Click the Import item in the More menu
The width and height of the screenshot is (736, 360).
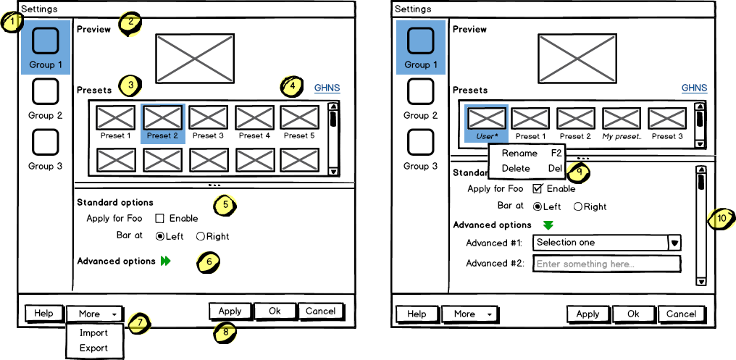pos(93,332)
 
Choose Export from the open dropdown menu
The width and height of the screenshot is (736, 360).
pos(93,348)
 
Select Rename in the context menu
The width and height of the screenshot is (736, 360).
pos(519,153)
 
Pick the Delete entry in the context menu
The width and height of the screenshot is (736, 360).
pos(516,168)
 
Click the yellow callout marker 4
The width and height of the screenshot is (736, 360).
pos(292,86)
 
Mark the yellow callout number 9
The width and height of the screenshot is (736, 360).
pos(578,172)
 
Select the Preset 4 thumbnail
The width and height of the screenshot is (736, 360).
pos(254,117)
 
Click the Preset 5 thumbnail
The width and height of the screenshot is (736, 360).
pos(299,117)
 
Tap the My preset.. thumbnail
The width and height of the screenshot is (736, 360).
pos(622,118)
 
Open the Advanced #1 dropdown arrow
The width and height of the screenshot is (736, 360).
pos(674,243)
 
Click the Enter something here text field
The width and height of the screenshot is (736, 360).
pos(606,264)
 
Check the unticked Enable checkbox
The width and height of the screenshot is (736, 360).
pos(160,218)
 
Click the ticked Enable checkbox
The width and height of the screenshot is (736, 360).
pos(538,188)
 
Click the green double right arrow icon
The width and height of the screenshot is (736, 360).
pos(165,261)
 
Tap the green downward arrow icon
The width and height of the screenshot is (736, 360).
pos(548,225)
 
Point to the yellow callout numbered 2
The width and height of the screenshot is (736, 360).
pos(130,24)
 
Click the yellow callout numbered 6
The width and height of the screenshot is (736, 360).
pos(208,262)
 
